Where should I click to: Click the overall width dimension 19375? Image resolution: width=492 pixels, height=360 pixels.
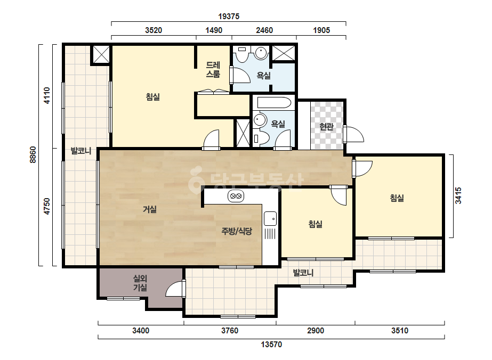pyautogui.click(x=229, y=17)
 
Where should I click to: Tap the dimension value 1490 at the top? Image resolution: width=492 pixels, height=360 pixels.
pyautogui.click(x=214, y=30)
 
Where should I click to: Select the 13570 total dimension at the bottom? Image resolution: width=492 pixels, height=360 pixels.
pyautogui.click(x=271, y=345)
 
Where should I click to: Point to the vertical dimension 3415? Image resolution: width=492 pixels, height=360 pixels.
pyautogui.click(x=458, y=195)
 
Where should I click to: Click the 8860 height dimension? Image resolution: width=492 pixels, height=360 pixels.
pyautogui.click(x=33, y=154)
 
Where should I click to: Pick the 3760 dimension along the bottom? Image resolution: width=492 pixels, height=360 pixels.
pyautogui.click(x=230, y=331)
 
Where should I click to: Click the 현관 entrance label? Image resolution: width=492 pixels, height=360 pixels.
pyautogui.click(x=326, y=126)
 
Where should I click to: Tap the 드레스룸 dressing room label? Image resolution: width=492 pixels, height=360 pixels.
pyautogui.click(x=213, y=70)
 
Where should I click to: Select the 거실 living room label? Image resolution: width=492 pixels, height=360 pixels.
pyautogui.click(x=150, y=209)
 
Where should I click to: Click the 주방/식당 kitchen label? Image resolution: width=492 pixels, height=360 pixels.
pyautogui.click(x=237, y=232)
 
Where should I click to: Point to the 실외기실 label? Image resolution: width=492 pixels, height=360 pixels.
pyautogui.click(x=140, y=283)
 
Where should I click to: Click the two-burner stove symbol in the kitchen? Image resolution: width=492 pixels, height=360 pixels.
pyautogui.click(x=236, y=197)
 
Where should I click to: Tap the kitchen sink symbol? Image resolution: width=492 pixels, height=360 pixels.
pyautogui.click(x=270, y=218)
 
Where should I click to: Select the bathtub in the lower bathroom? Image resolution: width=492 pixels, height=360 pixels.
pyautogui.click(x=274, y=103)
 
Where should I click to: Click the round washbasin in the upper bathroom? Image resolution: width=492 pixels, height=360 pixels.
pyautogui.click(x=261, y=53)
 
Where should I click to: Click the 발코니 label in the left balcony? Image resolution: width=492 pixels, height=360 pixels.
pyautogui.click(x=81, y=151)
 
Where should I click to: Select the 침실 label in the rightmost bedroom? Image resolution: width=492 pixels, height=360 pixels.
pyautogui.click(x=397, y=198)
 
